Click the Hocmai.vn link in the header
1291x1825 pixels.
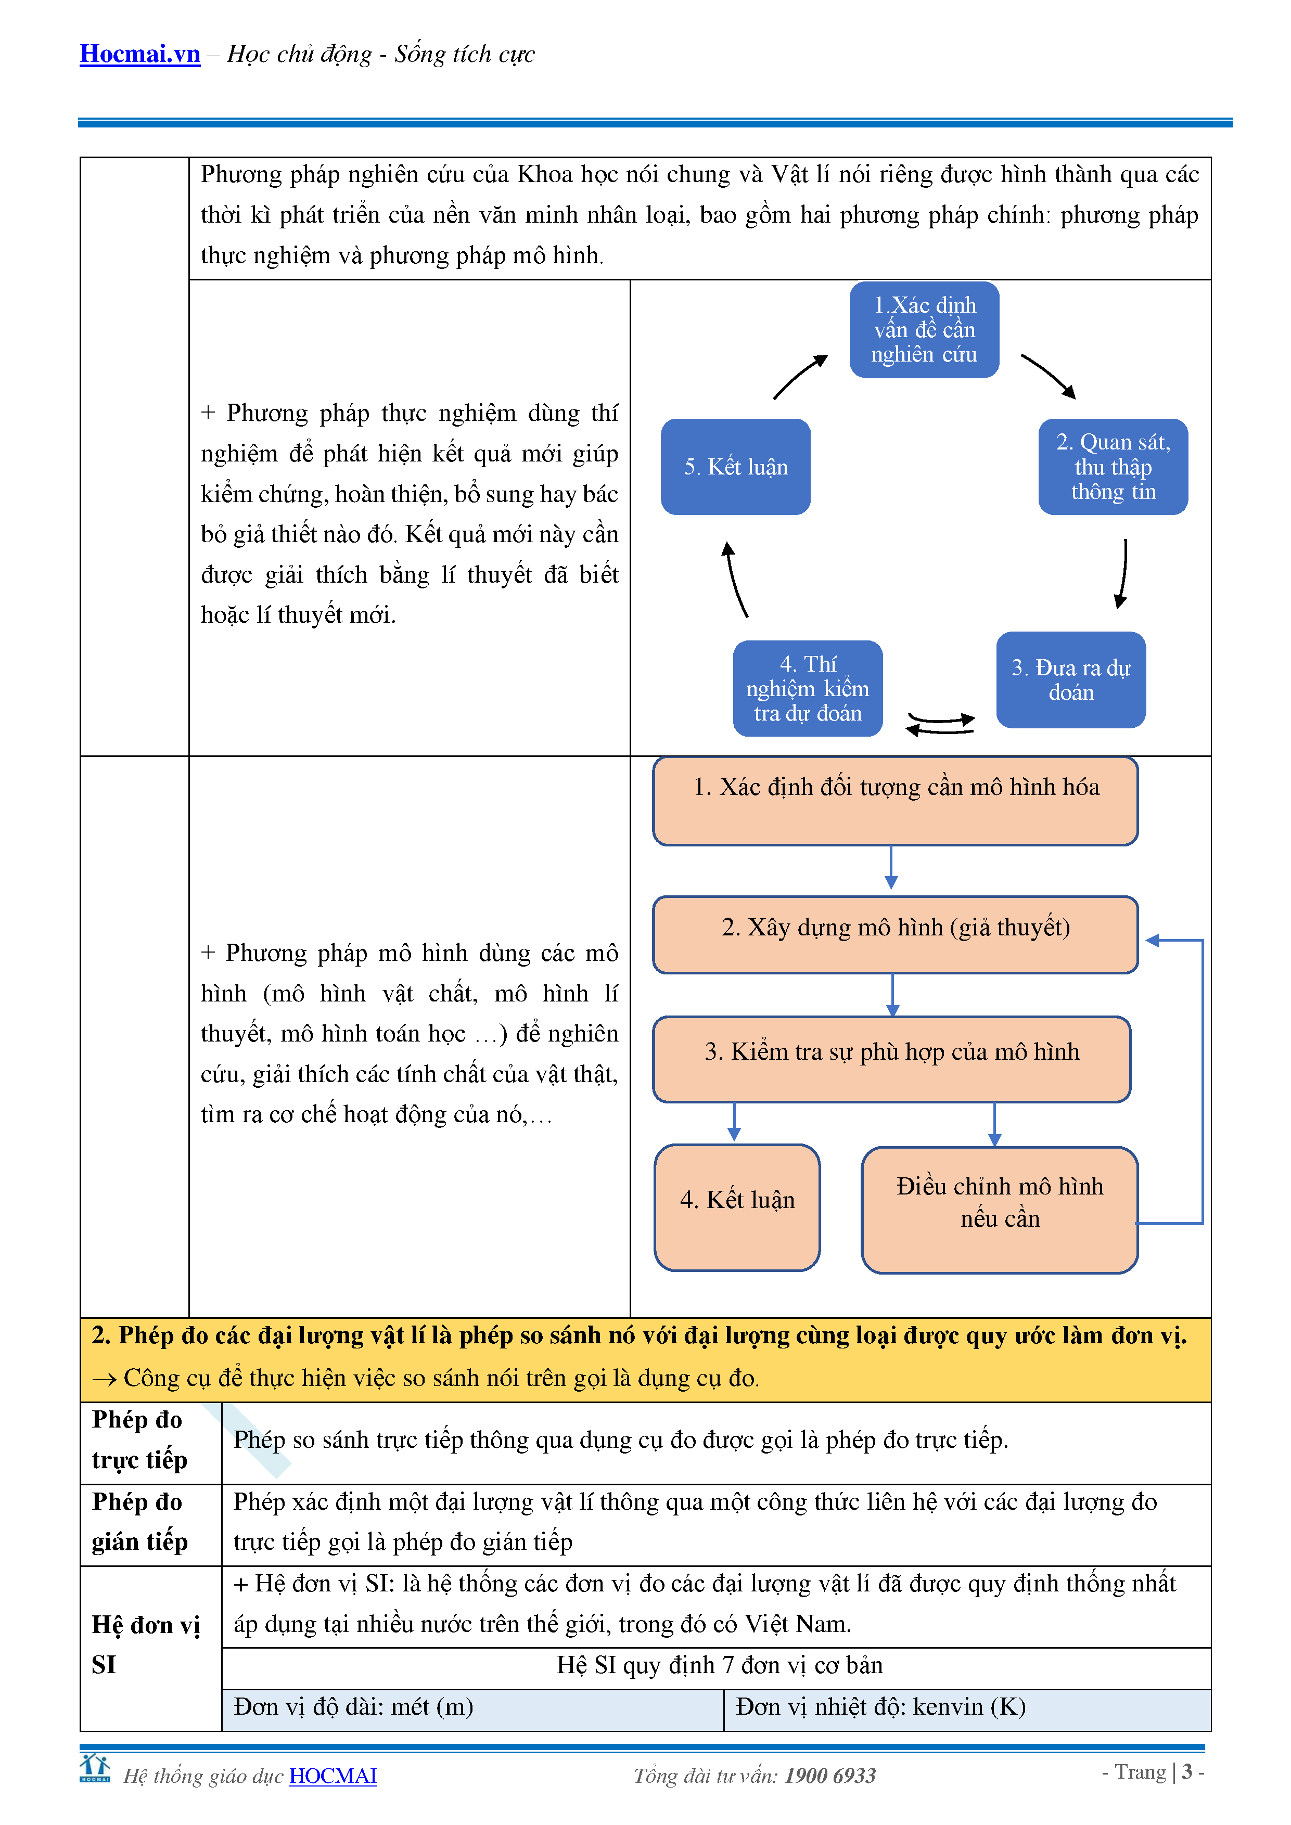[140, 54]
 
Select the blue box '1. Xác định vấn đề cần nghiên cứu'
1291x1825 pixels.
[924, 330]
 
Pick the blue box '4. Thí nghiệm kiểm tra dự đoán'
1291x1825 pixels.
[807, 688]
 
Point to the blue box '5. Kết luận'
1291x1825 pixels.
[735, 467]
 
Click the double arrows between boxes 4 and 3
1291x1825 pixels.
[940, 723]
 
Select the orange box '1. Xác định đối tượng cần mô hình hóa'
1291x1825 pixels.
[895, 801]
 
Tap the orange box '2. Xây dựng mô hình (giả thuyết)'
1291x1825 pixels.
[895, 934]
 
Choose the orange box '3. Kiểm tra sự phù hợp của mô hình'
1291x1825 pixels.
[891, 1059]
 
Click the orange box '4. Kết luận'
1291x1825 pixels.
[737, 1206]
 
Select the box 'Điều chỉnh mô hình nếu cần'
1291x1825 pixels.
[999, 1209]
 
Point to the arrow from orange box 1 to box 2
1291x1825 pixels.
[891, 868]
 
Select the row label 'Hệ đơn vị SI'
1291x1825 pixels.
[146, 1644]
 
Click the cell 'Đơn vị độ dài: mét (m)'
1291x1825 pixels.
[354, 1706]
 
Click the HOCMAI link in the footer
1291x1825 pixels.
[333, 1776]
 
